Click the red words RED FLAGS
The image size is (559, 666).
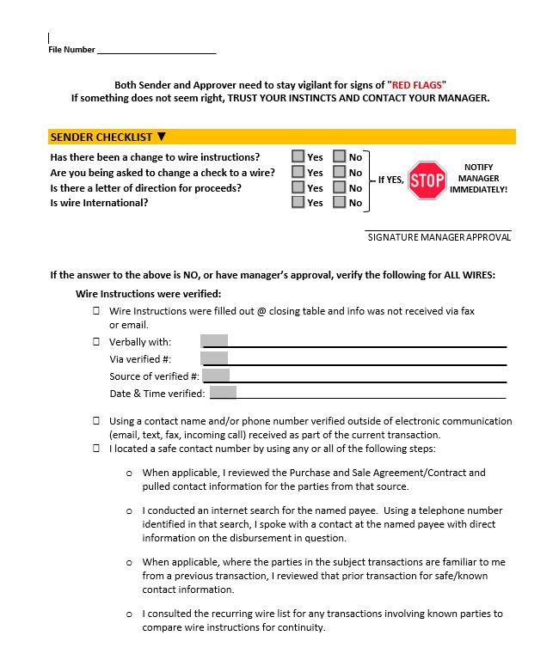(x=417, y=85)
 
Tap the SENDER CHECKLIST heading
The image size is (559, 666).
(x=101, y=137)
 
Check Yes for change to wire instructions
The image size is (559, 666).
(x=298, y=156)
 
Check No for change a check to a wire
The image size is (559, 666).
(x=340, y=172)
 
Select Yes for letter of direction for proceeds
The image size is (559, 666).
(x=298, y=187)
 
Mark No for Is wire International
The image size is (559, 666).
(x=340, y=202)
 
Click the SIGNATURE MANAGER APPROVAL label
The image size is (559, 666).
(x=439, y=237)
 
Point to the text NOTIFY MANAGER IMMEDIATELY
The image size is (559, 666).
(x=478, y=178)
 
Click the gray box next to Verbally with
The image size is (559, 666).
(x=214, y=341)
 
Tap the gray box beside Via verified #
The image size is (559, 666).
(x=214, y=358)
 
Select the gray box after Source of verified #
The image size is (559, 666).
(x=216, y=376)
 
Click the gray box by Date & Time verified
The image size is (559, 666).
(x=223, y=393)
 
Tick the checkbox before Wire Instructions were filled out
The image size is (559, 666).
(x=96, y=311)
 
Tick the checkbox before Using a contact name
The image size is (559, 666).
(x=96, y=421)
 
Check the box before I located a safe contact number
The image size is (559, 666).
(x=96, y=449)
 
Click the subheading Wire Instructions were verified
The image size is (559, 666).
(x=149, y=293)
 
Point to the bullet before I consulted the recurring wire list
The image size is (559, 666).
(x=130, y=614)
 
